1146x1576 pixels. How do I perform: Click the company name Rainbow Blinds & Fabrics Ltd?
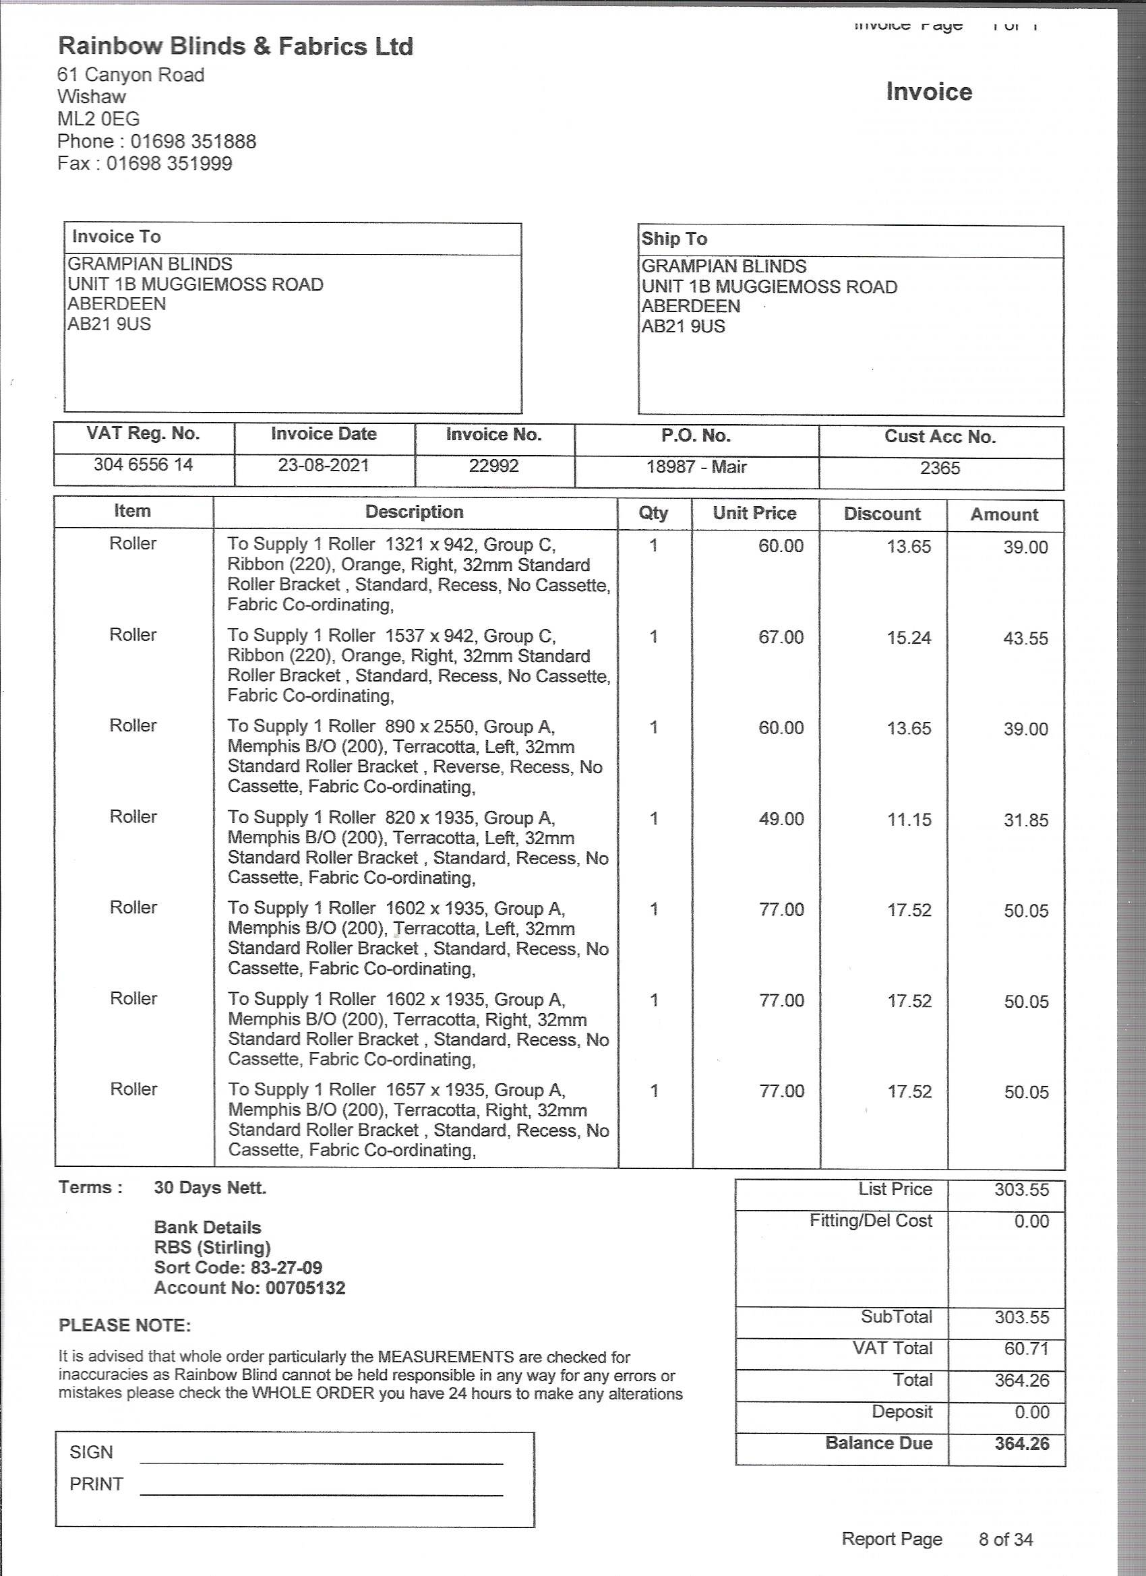point(235,47)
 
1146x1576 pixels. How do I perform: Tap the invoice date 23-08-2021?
point(323,465)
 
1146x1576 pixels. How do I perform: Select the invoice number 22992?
point(493,466)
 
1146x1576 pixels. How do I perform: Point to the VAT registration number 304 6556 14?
point(143,464)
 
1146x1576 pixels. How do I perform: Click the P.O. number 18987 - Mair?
point(696,467)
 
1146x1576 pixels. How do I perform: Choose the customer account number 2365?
point(940,468)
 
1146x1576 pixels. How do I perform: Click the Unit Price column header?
point(754,514)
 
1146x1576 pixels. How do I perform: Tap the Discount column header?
point(882,514)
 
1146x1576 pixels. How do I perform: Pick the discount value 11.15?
point(909,819)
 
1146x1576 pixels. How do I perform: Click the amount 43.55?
point(1025,638)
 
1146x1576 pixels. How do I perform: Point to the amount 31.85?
point(1026,820)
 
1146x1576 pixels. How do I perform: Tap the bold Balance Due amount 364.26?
point(1021,1444)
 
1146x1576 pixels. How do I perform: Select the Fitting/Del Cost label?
point(870,1221)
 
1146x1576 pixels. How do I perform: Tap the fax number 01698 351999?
point(169,164)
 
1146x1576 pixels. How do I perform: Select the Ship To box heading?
point(673,239)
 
